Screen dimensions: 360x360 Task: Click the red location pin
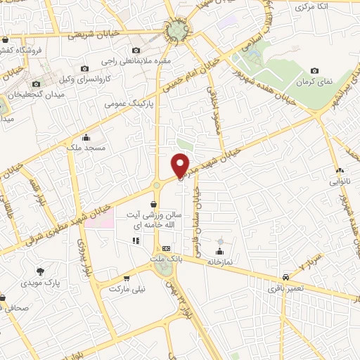[181, 165]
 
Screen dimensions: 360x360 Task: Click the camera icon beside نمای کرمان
[314, 70]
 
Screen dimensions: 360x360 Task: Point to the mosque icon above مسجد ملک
[86, 137]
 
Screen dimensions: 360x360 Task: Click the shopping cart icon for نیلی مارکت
[126, 278]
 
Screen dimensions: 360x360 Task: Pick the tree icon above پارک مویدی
[40, 271]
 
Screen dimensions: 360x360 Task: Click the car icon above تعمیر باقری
[286, 277]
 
